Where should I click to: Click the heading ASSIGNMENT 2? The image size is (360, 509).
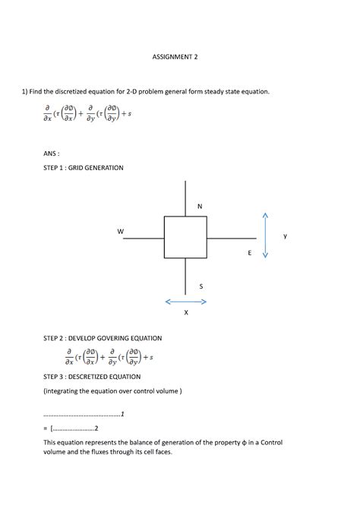tap(180, 56)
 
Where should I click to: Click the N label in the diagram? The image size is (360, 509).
tap(200, 207)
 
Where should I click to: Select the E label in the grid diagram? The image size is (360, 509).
tap(248, 252)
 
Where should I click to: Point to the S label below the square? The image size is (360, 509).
tap(201, 286)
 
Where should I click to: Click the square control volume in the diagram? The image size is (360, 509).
tap(185, 238)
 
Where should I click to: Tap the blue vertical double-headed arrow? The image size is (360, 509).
tap(265, 235)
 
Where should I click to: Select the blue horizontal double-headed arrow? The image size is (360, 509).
tap(186, 302)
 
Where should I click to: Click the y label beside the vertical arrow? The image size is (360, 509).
tap(286, 236)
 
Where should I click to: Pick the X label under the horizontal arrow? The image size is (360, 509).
tap(186, 312)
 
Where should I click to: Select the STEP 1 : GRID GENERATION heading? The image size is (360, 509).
tap(83, 167)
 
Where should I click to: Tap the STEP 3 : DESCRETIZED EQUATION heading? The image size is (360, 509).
tap(92, 376)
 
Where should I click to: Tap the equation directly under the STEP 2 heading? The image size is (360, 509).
tap(109, 356)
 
